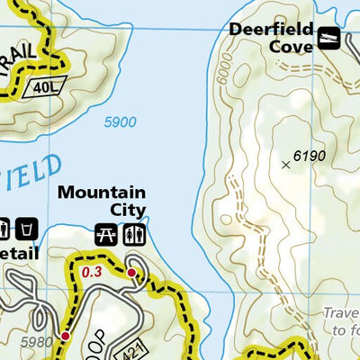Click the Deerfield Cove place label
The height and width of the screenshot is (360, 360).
point(270,36)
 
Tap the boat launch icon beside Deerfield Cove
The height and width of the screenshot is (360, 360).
point(329,40)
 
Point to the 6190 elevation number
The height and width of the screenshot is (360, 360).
point(310,156)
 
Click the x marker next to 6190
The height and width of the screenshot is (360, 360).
point(286,164)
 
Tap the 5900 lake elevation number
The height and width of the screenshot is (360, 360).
point(121,123)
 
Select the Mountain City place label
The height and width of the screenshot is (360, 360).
point(102,202)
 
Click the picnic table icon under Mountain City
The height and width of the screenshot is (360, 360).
point(105,234)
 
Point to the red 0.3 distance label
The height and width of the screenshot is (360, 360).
point(92,269)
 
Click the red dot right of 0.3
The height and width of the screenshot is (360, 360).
point(131,273)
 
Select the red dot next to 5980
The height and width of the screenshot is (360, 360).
point(65,336)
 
